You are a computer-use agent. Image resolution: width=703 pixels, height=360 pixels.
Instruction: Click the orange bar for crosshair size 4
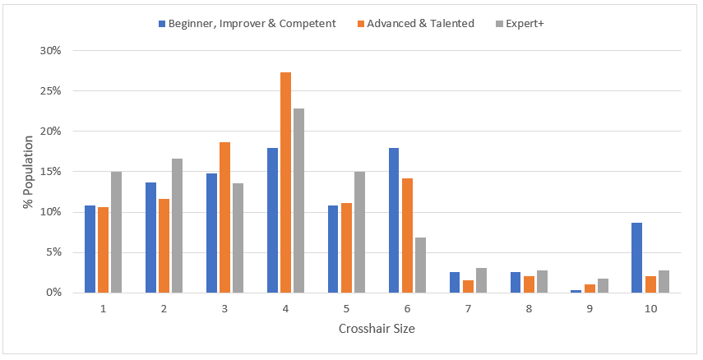[x=285, y=182]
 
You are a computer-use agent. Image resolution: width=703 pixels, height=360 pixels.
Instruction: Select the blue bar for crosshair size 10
[x=637, y=257]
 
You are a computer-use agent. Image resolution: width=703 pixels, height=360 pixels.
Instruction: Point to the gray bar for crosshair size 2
[x=177, y=225]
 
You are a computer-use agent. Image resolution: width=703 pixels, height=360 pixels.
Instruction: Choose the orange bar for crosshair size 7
[x=468, y=286]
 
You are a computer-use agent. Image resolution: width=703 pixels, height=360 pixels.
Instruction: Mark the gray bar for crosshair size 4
[x=298, y=201]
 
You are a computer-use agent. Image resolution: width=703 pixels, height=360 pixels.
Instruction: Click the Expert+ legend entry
[x=520, y=23]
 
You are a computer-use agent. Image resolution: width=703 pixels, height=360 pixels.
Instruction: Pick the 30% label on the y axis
[x=50, y=50]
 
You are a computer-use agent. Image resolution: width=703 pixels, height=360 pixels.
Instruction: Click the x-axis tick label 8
[x=529, y=308]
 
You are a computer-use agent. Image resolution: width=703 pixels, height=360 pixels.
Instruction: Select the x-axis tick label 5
[x=346, y=308]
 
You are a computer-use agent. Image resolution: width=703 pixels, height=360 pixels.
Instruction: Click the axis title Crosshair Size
[x=377, y=329]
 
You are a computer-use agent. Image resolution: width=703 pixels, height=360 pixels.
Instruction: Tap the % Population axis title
[x=27, y=171]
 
